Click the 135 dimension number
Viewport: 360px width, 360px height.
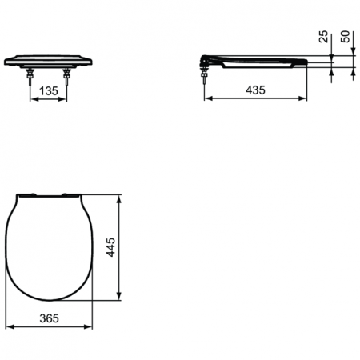49,90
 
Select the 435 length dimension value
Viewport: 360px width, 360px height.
255,90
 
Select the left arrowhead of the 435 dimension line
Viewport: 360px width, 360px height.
208,100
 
